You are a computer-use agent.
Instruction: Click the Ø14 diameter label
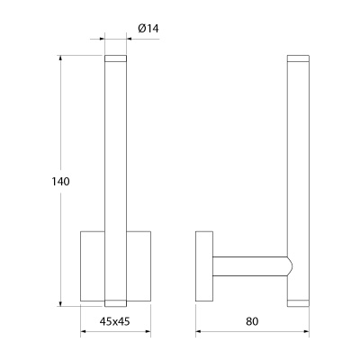pos(148,29)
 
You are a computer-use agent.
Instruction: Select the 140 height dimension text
pos(60,182)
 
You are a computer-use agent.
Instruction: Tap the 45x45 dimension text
pos(114,321)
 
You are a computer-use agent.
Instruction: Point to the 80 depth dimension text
pos(252,321)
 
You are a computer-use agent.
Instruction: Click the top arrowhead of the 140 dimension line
pos(61,58)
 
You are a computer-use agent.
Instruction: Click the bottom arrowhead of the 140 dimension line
pos(61,303)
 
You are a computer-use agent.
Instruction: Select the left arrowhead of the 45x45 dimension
pos(84,331)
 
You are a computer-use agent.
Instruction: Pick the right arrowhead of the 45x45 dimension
pos(148,331)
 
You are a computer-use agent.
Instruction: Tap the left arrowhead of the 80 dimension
pos(199,331)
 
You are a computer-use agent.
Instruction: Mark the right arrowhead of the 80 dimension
pos(306,331)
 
